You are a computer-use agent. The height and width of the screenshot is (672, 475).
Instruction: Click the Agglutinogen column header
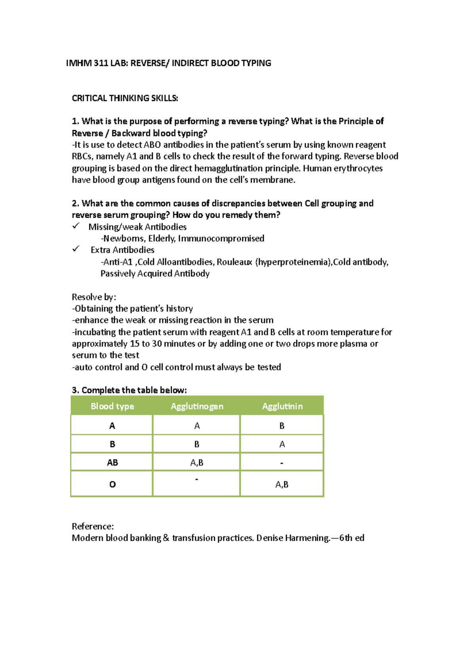point(197,406)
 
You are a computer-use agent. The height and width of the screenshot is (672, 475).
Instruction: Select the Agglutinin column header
point(282,406)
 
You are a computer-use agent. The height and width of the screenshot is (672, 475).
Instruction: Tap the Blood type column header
point(112,406)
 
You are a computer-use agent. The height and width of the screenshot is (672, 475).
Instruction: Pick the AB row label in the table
point(112,462)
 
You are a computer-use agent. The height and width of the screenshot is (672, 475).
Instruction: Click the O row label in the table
point(112,484)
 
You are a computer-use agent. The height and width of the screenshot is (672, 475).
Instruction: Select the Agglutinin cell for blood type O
point(282,484)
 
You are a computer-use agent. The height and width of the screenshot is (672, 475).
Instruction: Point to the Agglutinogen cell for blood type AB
point(197,462)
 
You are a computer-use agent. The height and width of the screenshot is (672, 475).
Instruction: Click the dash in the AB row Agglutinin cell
point(281,463)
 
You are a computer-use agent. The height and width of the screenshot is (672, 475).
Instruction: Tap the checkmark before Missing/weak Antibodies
point(76,226)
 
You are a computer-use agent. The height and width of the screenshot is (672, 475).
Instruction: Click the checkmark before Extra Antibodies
point(76,249)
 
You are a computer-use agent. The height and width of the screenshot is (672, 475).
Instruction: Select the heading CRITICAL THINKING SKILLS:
point(125,98)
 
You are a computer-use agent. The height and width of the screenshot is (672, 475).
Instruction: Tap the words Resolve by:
point(94,297)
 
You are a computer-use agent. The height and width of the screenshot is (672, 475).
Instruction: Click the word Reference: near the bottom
point(93,526)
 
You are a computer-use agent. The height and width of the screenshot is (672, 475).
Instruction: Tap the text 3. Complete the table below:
point(129,390)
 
